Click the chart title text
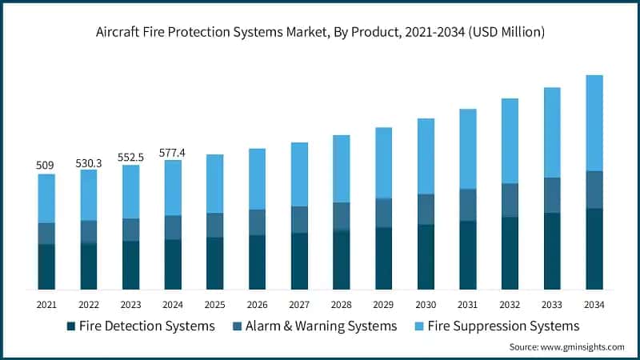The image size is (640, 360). coord(320,32)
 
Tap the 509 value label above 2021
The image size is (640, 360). coord(46,166)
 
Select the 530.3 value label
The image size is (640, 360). coord(88,162)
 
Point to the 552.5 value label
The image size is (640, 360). coord(130,158)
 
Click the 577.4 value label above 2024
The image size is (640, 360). coord(173,152)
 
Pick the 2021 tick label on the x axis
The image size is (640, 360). coord(46,305)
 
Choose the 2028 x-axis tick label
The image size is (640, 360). coord(342,305)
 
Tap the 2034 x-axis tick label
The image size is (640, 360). coord(594,305)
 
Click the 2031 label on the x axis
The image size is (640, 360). coord(468,305)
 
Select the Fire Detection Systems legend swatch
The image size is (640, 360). coord(71,326)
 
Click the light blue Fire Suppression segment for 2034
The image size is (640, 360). coord(594,122)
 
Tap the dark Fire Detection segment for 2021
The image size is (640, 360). coord(46,266)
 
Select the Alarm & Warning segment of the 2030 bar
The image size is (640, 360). coord(426,209)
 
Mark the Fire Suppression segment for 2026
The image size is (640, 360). coord(257,178)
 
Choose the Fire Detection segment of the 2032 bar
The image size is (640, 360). coord(510,253)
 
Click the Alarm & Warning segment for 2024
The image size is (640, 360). coord(173,227)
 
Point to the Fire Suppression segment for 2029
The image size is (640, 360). coord(384,162)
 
